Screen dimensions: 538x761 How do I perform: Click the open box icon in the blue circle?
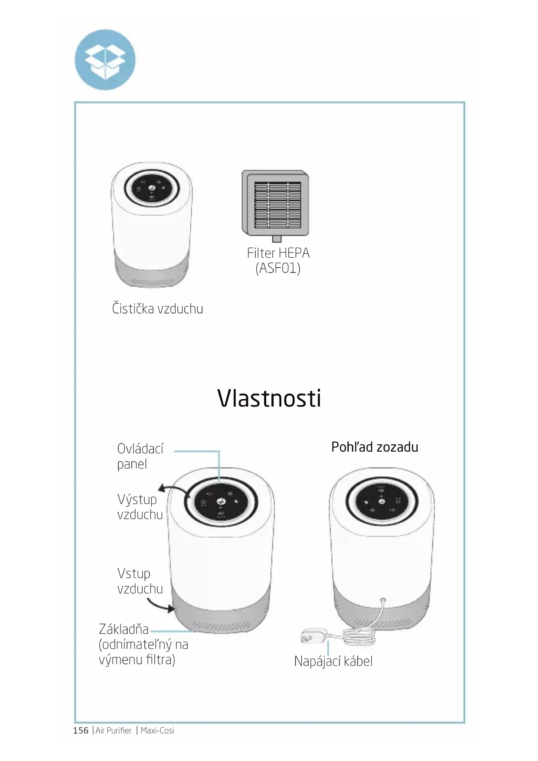point(105,59)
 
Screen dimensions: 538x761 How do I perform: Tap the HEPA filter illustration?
point(275,203)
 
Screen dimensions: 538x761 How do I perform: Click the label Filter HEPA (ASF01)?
point(278,260)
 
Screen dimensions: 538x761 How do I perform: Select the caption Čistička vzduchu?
point(157,309)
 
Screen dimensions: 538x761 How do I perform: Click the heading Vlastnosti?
point(269,398)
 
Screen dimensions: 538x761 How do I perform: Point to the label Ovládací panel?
point(140,456)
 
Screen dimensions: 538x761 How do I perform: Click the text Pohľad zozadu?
point(375,447)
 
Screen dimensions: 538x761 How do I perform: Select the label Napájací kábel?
point(333,661)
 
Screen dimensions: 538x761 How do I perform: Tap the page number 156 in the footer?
point(81,730)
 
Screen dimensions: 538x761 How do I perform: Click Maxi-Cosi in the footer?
point(157,731)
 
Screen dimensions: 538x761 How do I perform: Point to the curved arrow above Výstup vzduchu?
point(173,490)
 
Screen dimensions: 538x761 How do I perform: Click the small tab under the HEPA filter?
point(277,239)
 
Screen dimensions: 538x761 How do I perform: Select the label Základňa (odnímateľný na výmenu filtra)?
point(143,644)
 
